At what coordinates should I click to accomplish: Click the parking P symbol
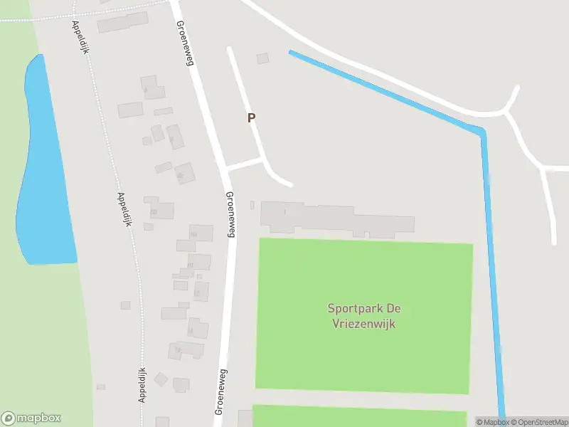pos(251,118)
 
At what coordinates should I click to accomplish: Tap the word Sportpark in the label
pos(353,309)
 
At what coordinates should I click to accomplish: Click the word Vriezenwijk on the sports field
pos(363,324)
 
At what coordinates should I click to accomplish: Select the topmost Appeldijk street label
pos(78,37)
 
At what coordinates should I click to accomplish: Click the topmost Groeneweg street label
pos(185,43)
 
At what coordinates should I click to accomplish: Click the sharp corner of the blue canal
pos(482,132)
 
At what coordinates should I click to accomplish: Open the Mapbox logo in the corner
pos(31,418)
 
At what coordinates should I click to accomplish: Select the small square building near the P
pos(263,58)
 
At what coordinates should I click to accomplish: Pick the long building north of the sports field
pos(337,219)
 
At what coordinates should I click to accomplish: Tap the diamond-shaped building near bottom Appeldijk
pos(161,379)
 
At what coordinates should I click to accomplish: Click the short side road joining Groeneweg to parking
pos(245,164)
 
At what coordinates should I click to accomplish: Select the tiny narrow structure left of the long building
pos(252,206)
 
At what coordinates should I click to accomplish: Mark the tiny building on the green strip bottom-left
pos(101,387)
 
